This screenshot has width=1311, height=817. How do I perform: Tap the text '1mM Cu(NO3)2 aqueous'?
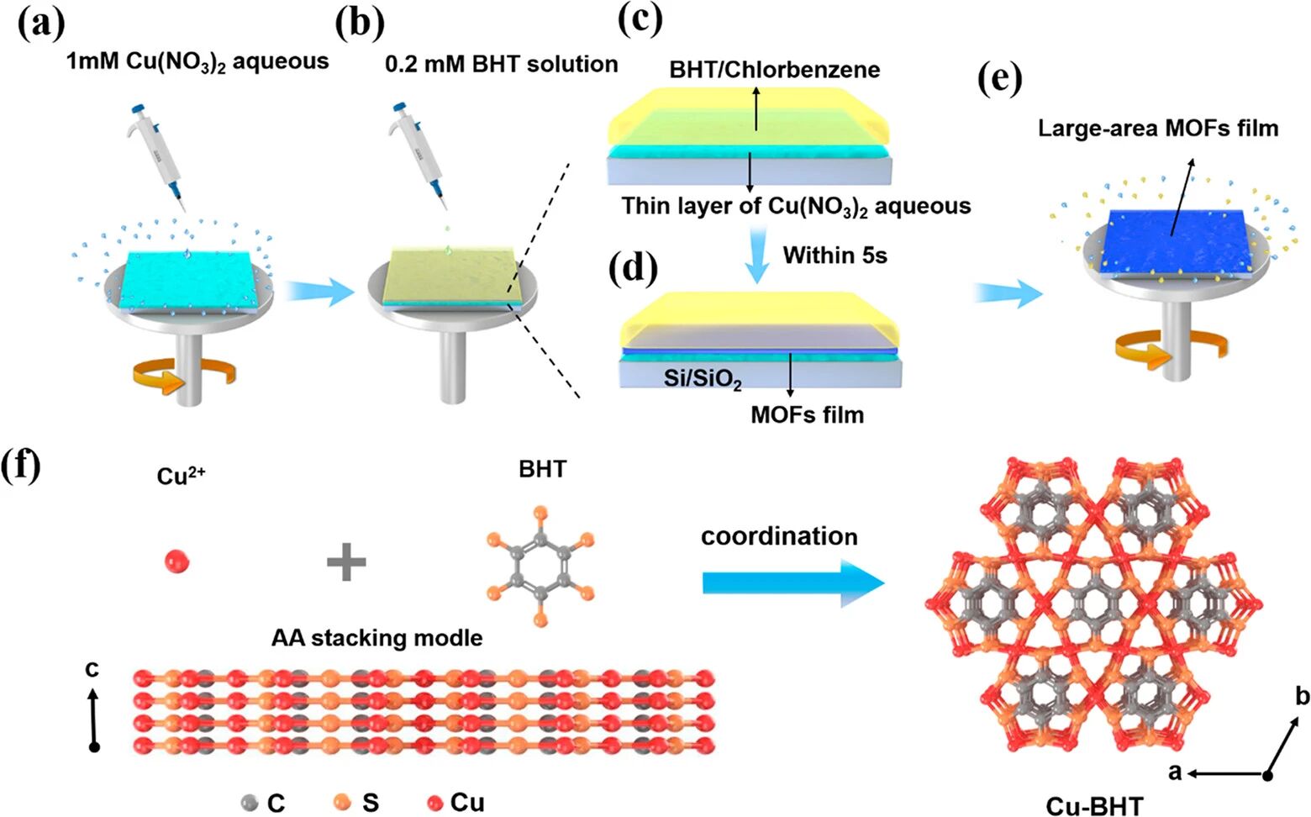tap(197, 61)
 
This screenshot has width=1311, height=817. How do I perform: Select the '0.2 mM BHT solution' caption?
tap(501, 64)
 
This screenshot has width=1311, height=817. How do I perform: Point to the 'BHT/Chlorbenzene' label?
tap(774, 69)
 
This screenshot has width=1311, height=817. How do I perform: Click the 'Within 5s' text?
tap(835, 255)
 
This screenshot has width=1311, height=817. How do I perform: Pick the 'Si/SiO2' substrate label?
tap(703, 379)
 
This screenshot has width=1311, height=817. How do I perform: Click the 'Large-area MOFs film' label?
tap(1158, 128)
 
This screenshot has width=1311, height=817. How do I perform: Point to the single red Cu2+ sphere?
tap(176, 559)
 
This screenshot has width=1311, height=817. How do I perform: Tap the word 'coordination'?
tap(779, 535)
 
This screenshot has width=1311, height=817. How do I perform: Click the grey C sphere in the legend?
tap(249, 802)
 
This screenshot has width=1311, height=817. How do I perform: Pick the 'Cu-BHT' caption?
tap(1094, 805)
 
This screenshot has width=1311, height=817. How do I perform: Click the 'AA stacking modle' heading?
tap(376, 638)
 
